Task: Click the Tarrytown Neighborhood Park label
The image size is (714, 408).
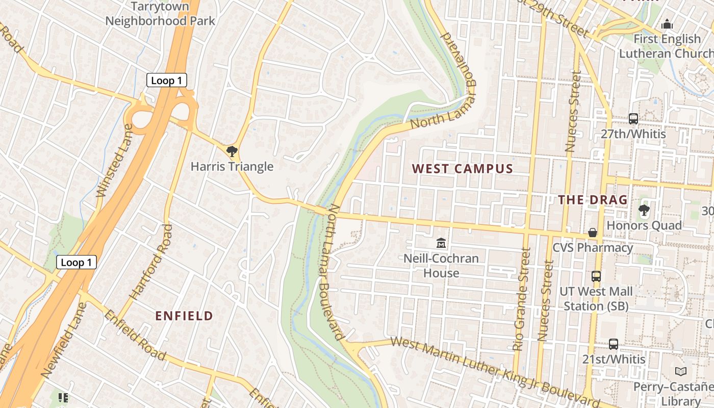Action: click(x=160, y=14)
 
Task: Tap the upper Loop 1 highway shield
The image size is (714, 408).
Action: click(x=167, y=81)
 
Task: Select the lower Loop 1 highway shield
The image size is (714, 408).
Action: click(x=76, y=262)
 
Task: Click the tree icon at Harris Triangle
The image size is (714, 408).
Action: click(x=232, y=151)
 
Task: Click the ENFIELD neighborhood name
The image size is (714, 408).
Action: click(x=184, y=316)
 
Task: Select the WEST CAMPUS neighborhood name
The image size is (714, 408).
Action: click(x=462, y=169)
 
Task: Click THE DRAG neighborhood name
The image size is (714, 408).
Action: click(x=593, y=200)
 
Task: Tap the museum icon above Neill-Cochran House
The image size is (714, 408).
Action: click(x=441, y=243)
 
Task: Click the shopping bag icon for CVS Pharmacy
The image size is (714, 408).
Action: click(x=593, y=233)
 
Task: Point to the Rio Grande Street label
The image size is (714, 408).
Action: click(x=523, y=299)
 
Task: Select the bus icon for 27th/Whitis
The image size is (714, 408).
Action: click(x=633, y=119)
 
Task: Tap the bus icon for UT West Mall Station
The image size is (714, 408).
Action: click(x=596, y=276)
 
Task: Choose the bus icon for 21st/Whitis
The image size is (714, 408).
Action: click(x=614, y=344)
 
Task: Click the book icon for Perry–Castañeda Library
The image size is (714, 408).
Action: click(x=681, y=371)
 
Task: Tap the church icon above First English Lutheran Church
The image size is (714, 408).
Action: click(x=667, y=24)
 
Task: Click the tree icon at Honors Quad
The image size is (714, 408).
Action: click(x=644, y=210)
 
